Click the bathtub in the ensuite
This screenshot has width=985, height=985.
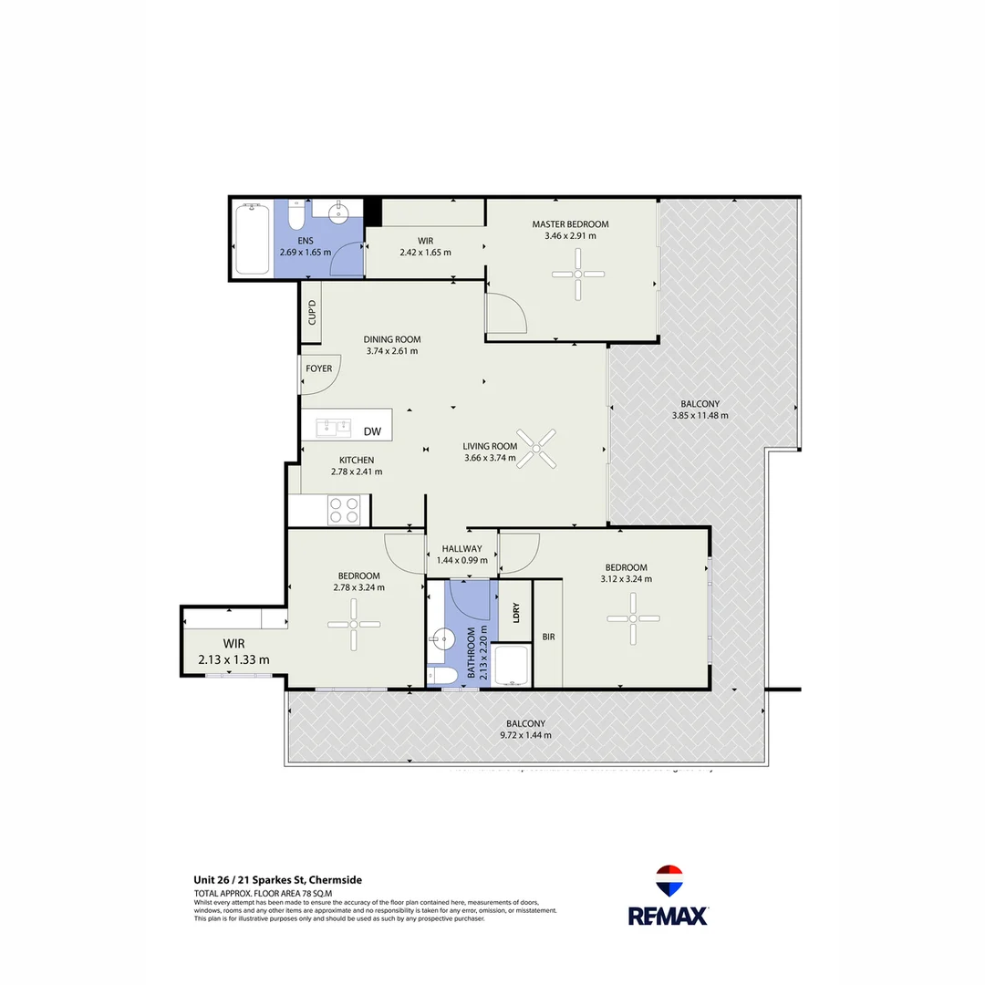click(x=252, y=240)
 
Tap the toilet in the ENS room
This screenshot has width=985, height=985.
click(x=295, y=217)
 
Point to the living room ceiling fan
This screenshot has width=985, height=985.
click(x=536, y=450)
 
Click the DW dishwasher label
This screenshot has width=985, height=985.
click(x=371, y=431)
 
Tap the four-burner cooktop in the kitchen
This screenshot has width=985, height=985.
click(x=344, y=509)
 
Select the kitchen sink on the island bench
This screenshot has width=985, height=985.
click(x=334, y=427)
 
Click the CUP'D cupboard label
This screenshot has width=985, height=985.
click(x=311, y=313)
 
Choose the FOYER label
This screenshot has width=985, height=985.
click(x=319, y=369)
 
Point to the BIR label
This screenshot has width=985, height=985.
click(x=548, y=637)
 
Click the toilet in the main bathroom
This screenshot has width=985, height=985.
click(x=444, y=676)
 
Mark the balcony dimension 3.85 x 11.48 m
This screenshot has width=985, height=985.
click(x=700, y=415)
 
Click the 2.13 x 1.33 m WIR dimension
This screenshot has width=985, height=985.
click(x=233, y=659)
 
